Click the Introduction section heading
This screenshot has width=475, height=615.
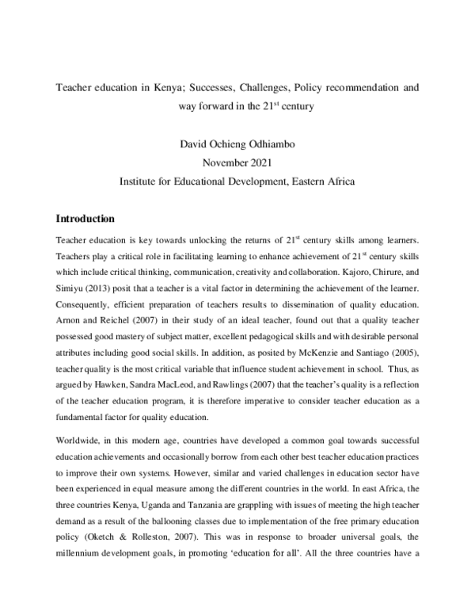click(85, 218)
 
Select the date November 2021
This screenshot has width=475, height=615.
click(237, 162)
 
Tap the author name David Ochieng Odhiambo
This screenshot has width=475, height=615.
click(237, 143)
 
